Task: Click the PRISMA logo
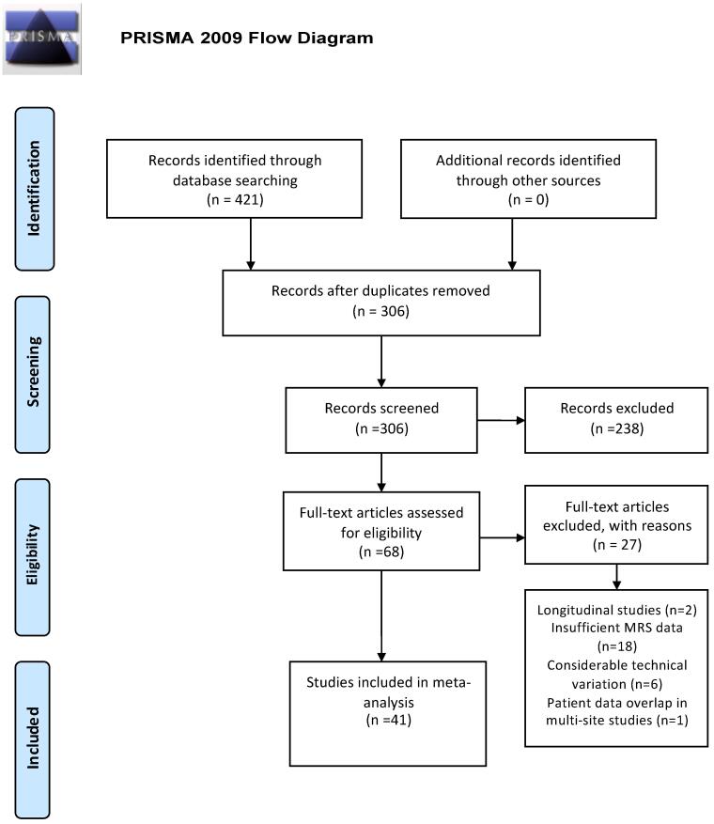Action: (x=42, y=39)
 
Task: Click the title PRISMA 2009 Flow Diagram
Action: (x=247, y=38)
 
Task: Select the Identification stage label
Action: (x=35, y=189)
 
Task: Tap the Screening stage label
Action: (x=33, y=374)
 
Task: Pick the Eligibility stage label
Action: (x=33, y=557)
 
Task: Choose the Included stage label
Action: (x=33, y=739)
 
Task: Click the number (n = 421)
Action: (x=235, y=200)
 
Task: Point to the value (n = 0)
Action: (x=528, y=200)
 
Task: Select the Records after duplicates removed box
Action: (x=381, y=303)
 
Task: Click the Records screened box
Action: (x=381, y=420)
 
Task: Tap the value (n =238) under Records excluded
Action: (x=617, y=428)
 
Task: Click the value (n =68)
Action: (x=381, y=552)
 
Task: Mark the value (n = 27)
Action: (x=617, y=545)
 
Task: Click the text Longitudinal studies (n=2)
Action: (x=617, y=610)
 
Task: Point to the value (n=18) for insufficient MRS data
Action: (x=617, y=646)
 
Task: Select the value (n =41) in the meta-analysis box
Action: (x=388, y=720)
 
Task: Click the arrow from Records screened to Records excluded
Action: (x=502, y=420)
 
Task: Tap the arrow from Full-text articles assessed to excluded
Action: (x=503, y=537)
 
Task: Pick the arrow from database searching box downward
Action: (x=251, y=244)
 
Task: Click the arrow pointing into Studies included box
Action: (x=381, y=616)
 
